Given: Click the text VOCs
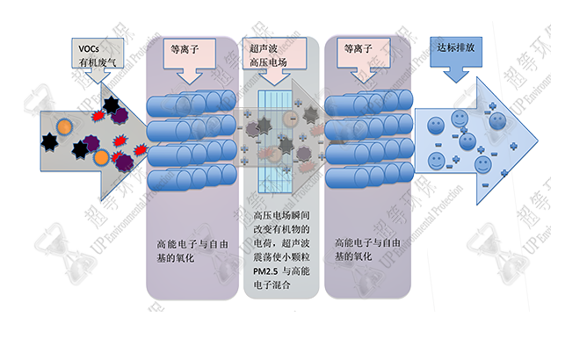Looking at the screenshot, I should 87,46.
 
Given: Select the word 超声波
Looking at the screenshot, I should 264,46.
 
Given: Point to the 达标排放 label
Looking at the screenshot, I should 456,47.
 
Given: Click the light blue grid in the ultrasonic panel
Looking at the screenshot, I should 279,140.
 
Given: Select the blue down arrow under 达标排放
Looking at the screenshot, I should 455,73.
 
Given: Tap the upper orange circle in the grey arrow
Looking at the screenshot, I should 65,127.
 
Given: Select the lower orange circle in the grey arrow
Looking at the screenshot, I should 102,158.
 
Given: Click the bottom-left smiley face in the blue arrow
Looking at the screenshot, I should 435,161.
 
